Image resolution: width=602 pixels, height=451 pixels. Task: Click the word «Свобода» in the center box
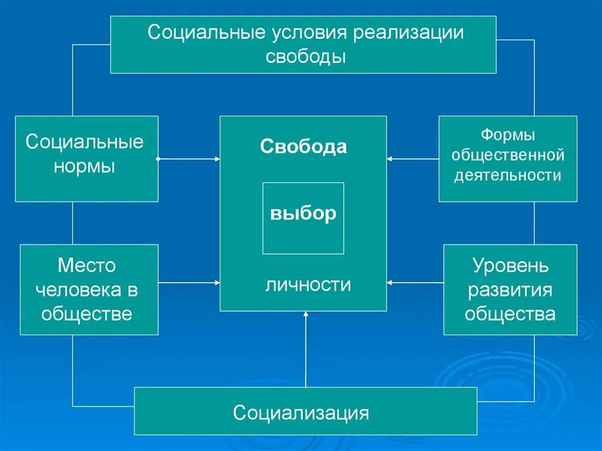pos(303,146)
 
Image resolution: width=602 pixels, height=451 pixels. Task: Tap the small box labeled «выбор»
pos(303,213)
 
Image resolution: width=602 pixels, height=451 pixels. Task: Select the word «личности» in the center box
pos(308,285)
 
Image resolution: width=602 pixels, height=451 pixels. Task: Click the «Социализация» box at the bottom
pos(301,412)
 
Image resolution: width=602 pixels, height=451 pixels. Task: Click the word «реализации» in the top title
pos(408,32)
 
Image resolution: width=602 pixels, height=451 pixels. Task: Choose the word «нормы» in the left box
pos(85,166)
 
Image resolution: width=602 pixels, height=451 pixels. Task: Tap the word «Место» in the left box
pos(86,266)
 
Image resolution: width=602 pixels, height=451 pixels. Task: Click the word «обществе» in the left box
pos(86,313)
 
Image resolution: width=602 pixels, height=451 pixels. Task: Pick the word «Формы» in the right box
pos(508,135)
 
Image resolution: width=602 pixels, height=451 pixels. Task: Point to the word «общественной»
pos(508,155)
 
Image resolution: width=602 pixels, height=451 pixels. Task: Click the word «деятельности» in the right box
pos(508,175)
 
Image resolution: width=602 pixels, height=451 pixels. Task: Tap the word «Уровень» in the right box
pos(510,266)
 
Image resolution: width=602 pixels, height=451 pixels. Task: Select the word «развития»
pos(510,290)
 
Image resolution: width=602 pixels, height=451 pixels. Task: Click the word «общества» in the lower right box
pos(510,313)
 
